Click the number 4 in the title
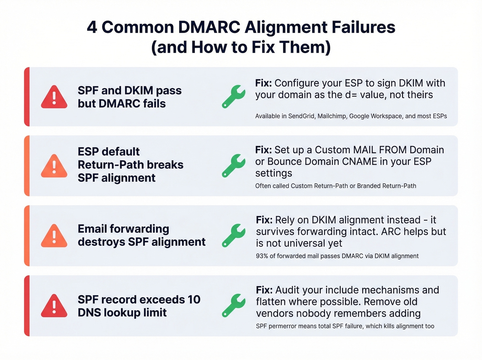point(92,27)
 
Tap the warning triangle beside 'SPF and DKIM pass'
point(54,97)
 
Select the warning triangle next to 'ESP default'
point(54,166)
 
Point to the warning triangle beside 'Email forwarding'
point(54,236)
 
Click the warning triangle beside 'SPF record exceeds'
point(54,306)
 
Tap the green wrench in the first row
point(233,97)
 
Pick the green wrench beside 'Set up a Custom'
point(233,166)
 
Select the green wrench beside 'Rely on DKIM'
point(233,236)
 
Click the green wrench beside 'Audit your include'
point(233,306)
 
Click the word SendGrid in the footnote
point(301,116)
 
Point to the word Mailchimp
point(332,116)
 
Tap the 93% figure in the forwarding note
point(262,256)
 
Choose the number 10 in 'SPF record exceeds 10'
point(194,299)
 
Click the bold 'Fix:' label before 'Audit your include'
point(264,290)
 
